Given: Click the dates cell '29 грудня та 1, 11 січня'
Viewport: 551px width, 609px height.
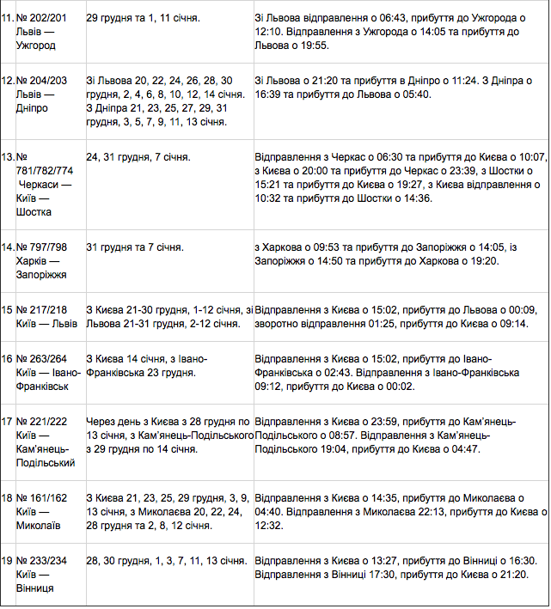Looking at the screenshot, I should (138, 18).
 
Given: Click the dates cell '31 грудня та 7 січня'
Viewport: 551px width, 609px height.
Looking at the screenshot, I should (135, 247).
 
